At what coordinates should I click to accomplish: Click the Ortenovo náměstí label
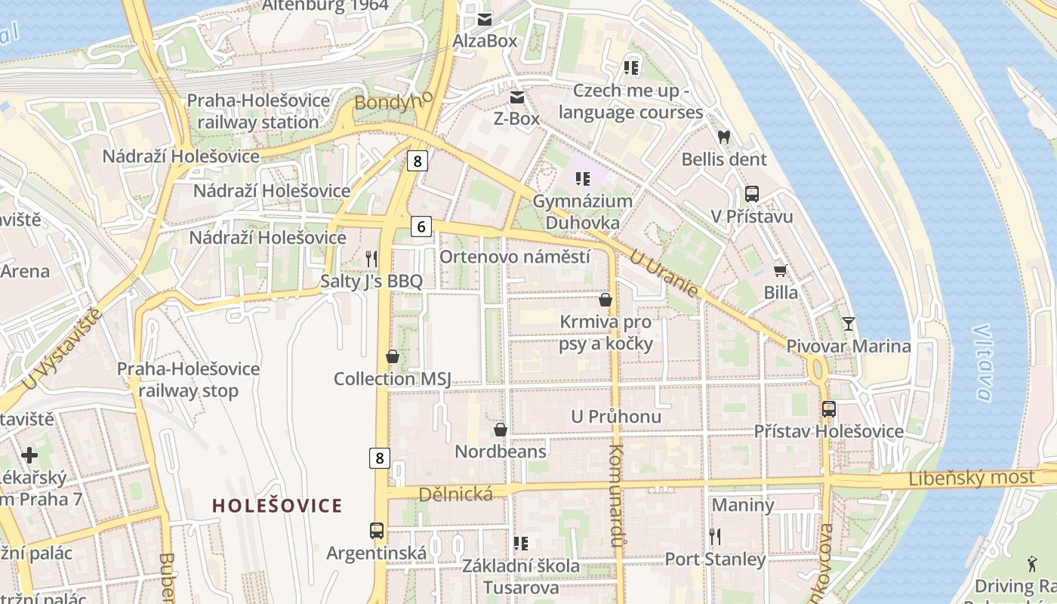pyautogui.click(x=514, y=257)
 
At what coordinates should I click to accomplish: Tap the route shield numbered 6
pyautogui.click(x=421, y=226)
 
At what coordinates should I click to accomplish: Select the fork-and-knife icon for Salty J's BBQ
pyautogui.click(x=371, y=259)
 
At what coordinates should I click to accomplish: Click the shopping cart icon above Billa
pyautogui.click(x=780, y=270)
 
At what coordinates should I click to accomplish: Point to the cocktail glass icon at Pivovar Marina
pyautogui.click(x=849, y=324)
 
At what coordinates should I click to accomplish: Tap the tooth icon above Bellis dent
pyautogui.click(x=724, y=137)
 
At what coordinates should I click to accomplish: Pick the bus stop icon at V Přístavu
pyautogui.click(x=751, y=194)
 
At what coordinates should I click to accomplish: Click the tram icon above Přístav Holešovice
pyautogui.click(x=828, y=409)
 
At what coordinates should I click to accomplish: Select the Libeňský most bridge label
pyautogui.click(x=972, y=478)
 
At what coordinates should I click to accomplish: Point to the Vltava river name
pyautogui.click(x=982, y=362)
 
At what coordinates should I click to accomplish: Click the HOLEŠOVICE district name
pyautogui.click(x=277, y=506)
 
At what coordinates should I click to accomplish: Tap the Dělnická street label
pyautogui.click(x=455, y=494)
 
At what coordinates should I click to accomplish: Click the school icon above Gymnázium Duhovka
pyautogui.click(x=582, y=179)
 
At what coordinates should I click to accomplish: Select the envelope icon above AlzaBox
pyautogui.click(x=484, y=19)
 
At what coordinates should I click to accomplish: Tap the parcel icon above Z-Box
pyautogui.click(x=517, y=97)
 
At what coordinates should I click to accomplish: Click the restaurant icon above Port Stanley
pyautogui.click(x=715, y=537)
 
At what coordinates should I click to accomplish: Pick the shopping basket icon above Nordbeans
pyautogui.click(x=500, y=430)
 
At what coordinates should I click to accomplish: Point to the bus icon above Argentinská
pyautogui.click(x=377, y=530)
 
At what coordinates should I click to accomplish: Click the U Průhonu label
pyautogui.click(x=616, y=416)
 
